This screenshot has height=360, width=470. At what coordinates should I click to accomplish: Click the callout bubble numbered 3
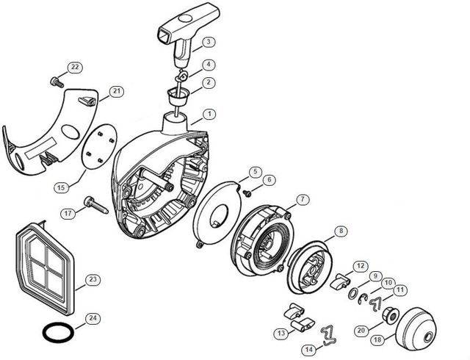pyautogui.click(x=209, y=41)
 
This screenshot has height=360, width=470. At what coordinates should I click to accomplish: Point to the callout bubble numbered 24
pyautogui.click(x=93, y=319)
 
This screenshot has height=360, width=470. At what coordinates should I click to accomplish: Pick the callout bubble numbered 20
pyautogui.click(x=360, y=331)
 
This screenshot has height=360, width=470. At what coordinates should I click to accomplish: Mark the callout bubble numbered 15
pyautogui.click(x=61, y=188)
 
